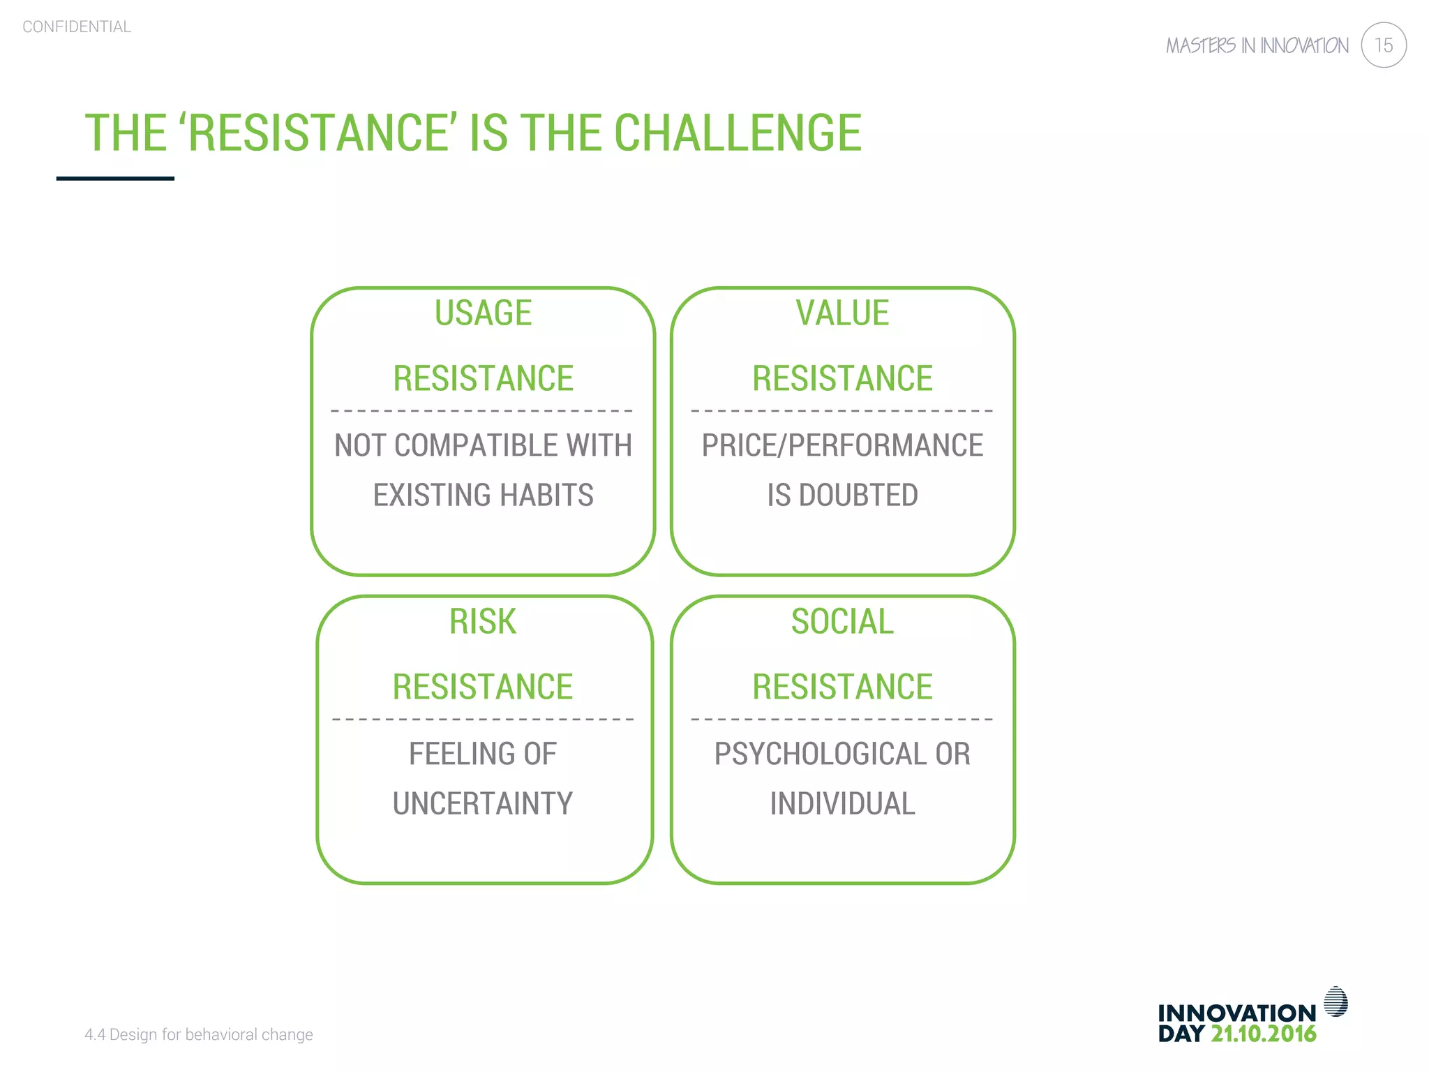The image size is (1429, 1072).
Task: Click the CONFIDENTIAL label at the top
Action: pyautogui.click(x=77, y=27)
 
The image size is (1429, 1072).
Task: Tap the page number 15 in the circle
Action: pyautogui.click(x=1383, y=45)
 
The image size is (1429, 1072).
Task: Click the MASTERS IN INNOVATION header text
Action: pyautogui.click(x=1257, y=46)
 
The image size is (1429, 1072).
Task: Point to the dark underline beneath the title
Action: pyautogui.click(x=115, y=179)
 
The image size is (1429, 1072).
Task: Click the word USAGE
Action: pyautogui.click(x=483, y=313)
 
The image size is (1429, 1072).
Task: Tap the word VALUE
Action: pyautogui.click(x=842, y=313)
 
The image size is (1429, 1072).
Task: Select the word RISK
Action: pyautogui.click(x=483, y=621)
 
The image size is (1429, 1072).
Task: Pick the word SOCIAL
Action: pyautogui.click(x=842, y=621)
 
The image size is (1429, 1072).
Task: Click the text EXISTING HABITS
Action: pyautogui.click(x=483, y=495)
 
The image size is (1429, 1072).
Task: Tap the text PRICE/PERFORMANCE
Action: pyautogui.click(x=842, y=445)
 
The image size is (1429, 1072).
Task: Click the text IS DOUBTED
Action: pyautogui.click(x=842, y=495)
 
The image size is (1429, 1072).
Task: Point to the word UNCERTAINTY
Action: pyautogui.click(x=483, y=803)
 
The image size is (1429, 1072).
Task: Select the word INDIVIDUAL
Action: pyautogui.click(x=842, y=803)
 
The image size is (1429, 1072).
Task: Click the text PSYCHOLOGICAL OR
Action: pyautogui.click(x=842, y=754)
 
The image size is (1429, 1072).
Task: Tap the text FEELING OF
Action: pyautogui.click(x=483, y=754)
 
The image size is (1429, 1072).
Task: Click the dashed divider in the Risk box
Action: pyautogui.click(x=483, y=719)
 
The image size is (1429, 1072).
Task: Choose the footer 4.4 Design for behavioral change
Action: pyautogui.click(x=199, y=1034)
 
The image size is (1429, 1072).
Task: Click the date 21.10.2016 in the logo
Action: pyautogui.click(x=1263, y=1034)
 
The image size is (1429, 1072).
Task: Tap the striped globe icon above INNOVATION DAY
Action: pyautogui.click(x=1336, y=1002)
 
